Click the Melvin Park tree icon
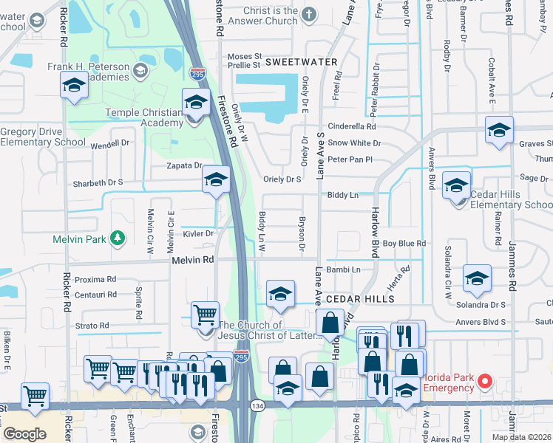pyautogui.click(x=116, y=238)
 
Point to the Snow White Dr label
pyautogui.click(x=354, y=142)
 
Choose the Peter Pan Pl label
pyautogui.click(x=350, y=159)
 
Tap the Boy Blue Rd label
pyautogui.click(x=404, y=243)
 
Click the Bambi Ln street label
pyautogui.click(x=343, y=269)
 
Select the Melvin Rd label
pyautogui.click(x=192, y=260)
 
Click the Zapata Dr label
pyautogui.click(x=184, y=166)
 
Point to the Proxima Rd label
pyautogui.click(x=95, y=279)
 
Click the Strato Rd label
pyautogui.click(x=92, y=325)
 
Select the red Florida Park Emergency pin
pyautogui.click(x=485, y=381)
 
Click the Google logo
pyautogui.click(x=24, y=434)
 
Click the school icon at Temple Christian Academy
pyautogui.click(x=196, y=101)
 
